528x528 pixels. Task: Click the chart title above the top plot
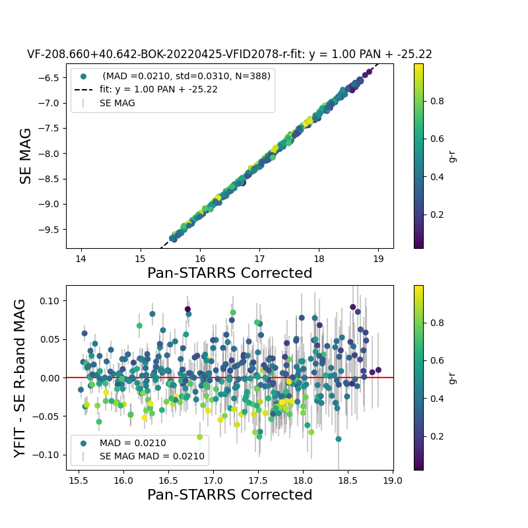point(229,54)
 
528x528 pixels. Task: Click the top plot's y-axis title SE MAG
point(26,156)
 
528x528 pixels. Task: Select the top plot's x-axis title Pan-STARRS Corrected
point(229,273)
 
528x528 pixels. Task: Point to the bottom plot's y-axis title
point(20,378)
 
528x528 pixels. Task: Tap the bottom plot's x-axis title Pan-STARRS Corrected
point(229,494)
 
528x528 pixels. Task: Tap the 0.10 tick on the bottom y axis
point(48,301)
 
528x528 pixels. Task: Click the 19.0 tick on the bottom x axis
point(393,480)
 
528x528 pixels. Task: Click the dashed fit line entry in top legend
point(158,89)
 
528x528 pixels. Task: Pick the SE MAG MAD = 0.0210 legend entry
point(152,456)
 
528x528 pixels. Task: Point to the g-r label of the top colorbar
point(453,156)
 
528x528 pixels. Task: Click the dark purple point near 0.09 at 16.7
point(187,309)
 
